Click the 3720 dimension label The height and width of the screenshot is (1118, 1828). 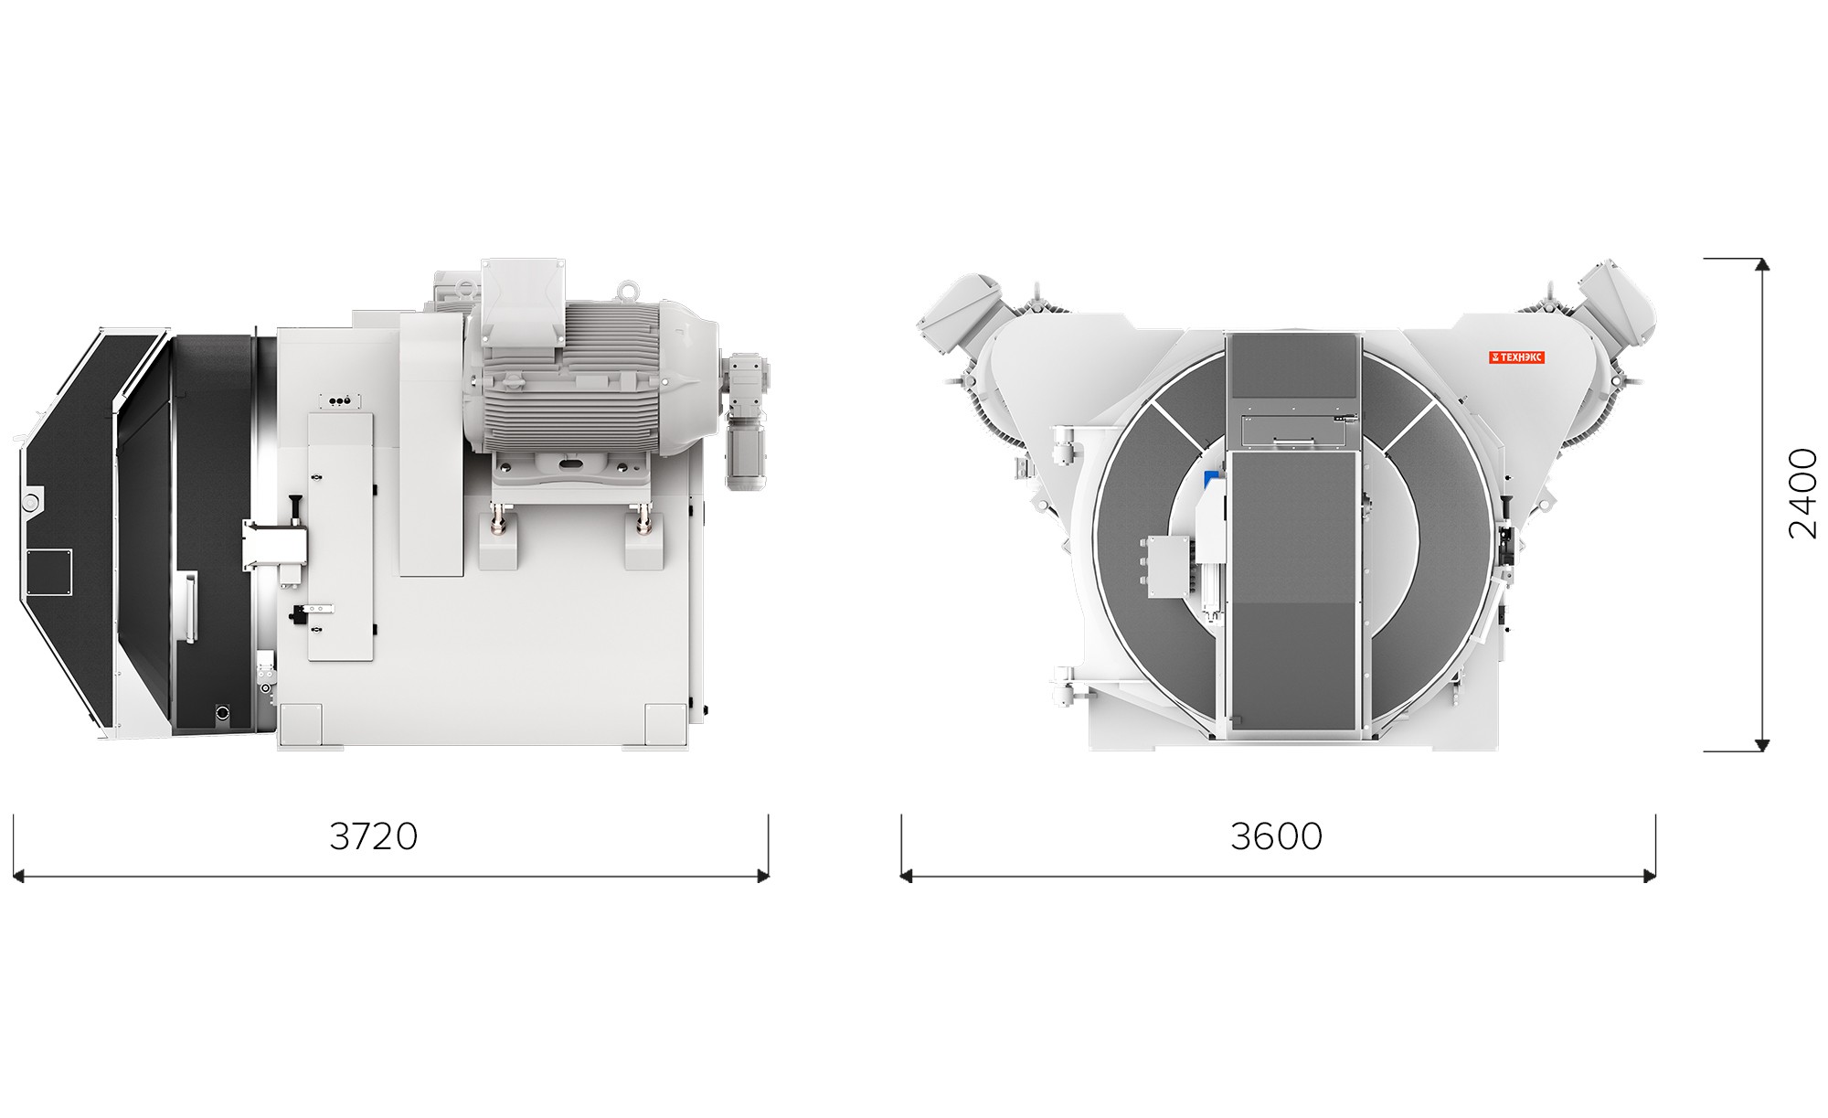coord(373,836)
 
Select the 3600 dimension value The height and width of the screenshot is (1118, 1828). coord(1276,836)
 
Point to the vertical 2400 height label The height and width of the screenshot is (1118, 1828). coord(1802,494)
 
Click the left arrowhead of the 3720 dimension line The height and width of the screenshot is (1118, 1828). coord(18,877)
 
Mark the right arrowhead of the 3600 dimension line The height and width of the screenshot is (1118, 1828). coord(1650,877)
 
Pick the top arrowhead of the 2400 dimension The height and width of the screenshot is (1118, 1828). coord(1763,265)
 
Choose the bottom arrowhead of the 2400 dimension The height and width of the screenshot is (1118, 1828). coord(1763,745)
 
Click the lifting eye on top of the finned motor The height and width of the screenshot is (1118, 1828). coord(626,291)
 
